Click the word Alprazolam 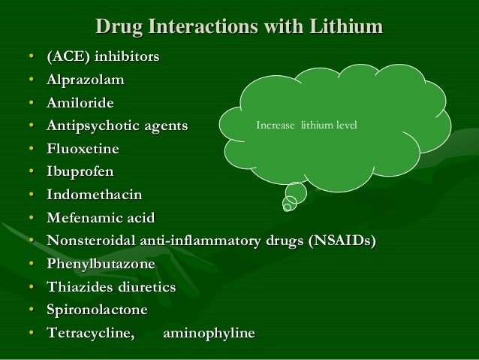85,80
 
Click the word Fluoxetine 82,149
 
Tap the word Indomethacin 94,195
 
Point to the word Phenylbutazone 101,264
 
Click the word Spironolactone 97,310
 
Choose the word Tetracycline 90,333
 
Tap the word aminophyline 209,333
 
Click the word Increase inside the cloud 276,126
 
